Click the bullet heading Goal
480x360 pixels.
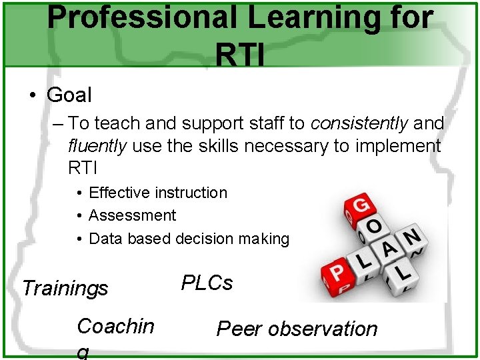point(69,95)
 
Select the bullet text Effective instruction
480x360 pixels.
point(157,193)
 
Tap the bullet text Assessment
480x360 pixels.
point(132,215)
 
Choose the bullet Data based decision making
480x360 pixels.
point(189,238)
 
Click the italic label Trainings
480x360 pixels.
point(65,289)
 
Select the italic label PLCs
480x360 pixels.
point(207,283)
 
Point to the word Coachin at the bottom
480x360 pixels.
point(115,326)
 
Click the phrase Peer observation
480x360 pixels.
point(297,329)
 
